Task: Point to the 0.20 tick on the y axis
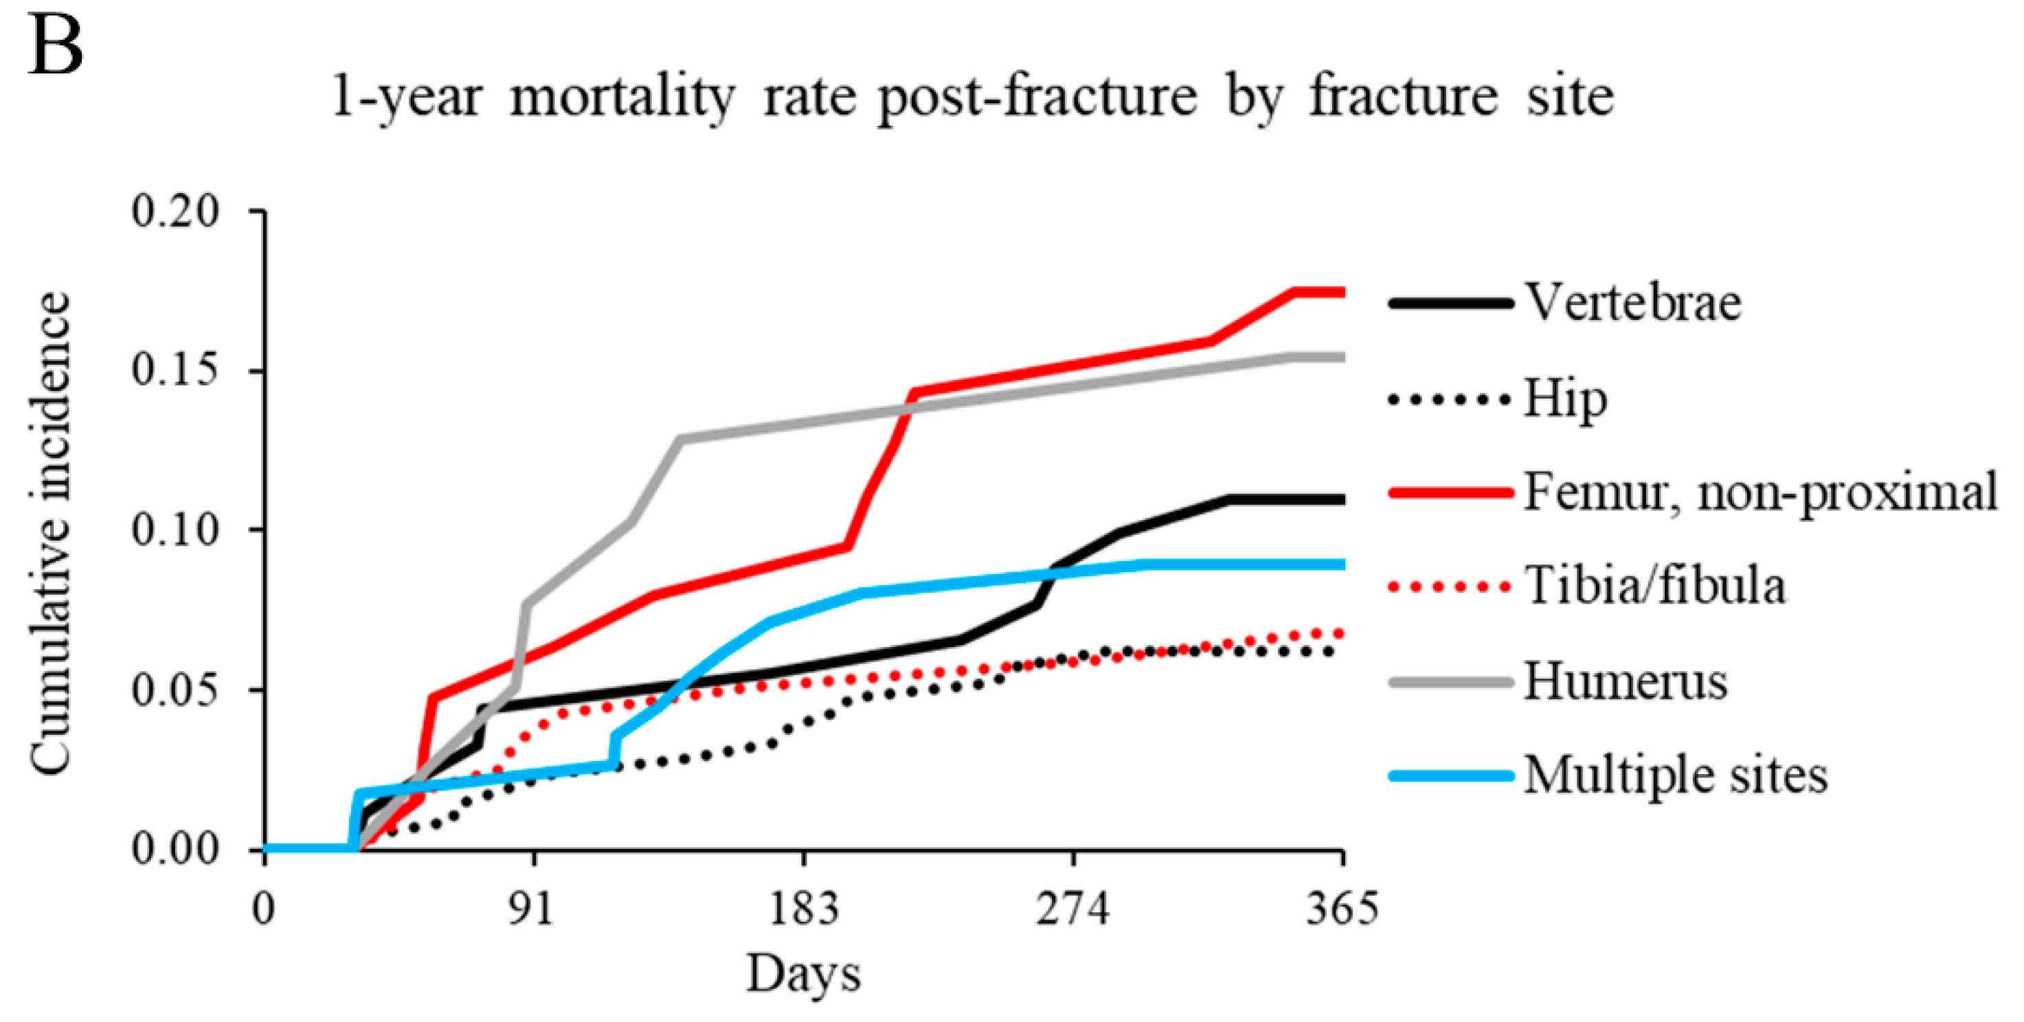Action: point(175,212)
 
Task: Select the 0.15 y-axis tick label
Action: point(175,371)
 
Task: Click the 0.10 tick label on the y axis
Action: point(175,530)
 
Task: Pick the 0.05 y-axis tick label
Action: point(175,690)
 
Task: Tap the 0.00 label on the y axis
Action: point(175,849)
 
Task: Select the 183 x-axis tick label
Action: point(804,909)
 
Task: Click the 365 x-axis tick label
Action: point(1342,909)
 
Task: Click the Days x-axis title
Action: point(803,975)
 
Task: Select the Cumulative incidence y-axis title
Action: point(52,534)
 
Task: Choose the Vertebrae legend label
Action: point(1632,302)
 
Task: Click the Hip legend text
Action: point(1565,400)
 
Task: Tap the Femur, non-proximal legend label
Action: point(1760,493)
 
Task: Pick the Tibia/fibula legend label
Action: point(1654,586)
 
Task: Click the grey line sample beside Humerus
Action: point(1450,681)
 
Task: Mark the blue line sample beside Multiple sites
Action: point(1450,775)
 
